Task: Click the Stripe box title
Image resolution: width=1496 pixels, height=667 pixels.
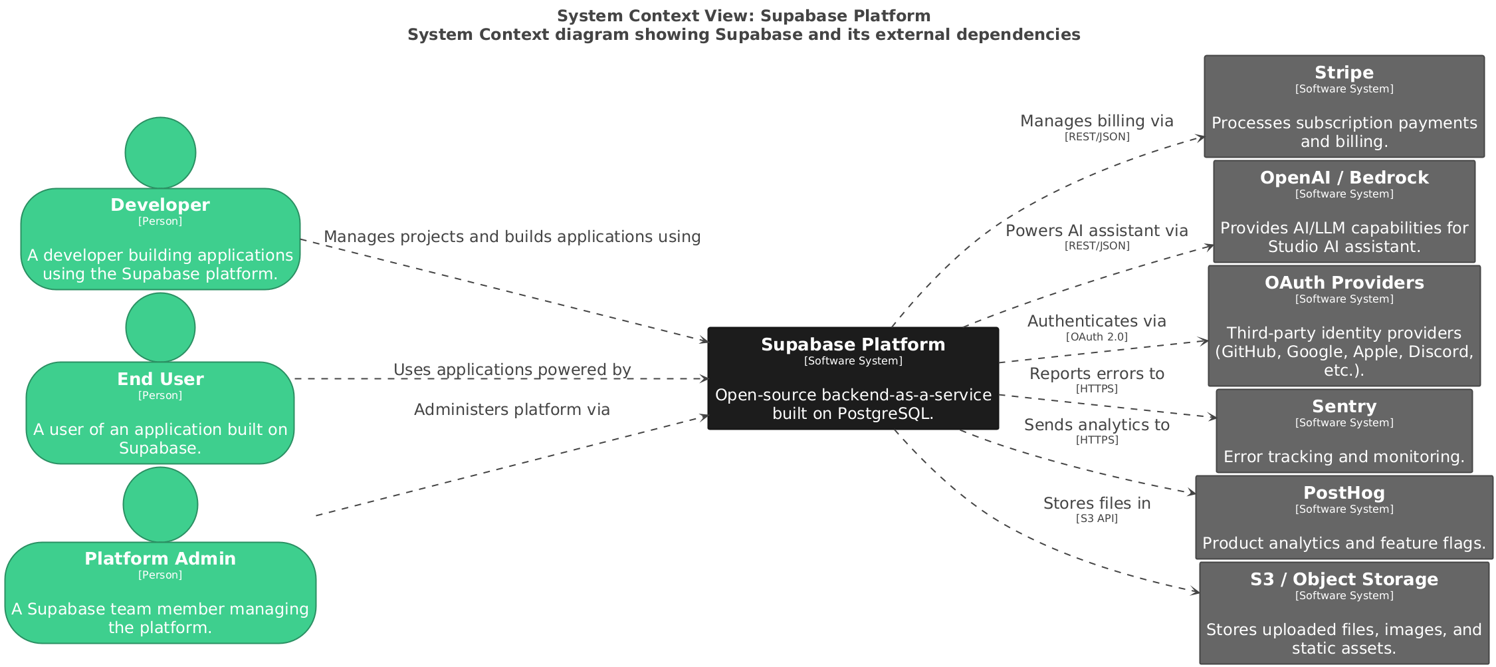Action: click(1343, 72)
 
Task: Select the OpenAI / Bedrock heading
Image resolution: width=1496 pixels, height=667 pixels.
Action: click(1343, 178)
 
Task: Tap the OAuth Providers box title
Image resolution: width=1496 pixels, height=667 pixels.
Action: click(1343, 283)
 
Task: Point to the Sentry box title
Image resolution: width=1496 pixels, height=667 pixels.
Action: click(1343, 406)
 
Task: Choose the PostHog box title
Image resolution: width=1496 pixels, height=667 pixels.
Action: click(1343, 493)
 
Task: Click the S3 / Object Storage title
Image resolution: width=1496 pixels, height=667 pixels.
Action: click(1343, 579)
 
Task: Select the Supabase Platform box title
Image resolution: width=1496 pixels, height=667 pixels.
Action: click(853, 344)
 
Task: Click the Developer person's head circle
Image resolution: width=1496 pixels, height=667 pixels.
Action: click(160, 152)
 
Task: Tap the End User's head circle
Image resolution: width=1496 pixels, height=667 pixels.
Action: click(160, 327)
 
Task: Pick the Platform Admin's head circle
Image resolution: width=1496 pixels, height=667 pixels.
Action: click(160, 504)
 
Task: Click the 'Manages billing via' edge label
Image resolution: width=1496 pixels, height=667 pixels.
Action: click(1097, 121)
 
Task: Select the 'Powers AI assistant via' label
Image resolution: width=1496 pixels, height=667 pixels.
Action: click(1097, 231)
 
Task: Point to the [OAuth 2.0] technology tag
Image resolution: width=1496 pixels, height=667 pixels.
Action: click(1097, 337)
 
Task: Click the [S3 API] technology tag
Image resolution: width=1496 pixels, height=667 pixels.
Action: click(1097, 519)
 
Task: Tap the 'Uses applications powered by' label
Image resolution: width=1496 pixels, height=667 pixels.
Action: click(512, 370)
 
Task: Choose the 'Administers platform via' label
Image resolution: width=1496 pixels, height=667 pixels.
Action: click(512, 410)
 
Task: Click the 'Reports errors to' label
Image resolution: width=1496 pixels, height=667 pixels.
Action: click(1097, 374)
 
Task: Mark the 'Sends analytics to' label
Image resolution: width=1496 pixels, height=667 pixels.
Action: click(1097, 425)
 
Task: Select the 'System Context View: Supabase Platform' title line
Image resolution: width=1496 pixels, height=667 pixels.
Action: click(743, 16)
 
